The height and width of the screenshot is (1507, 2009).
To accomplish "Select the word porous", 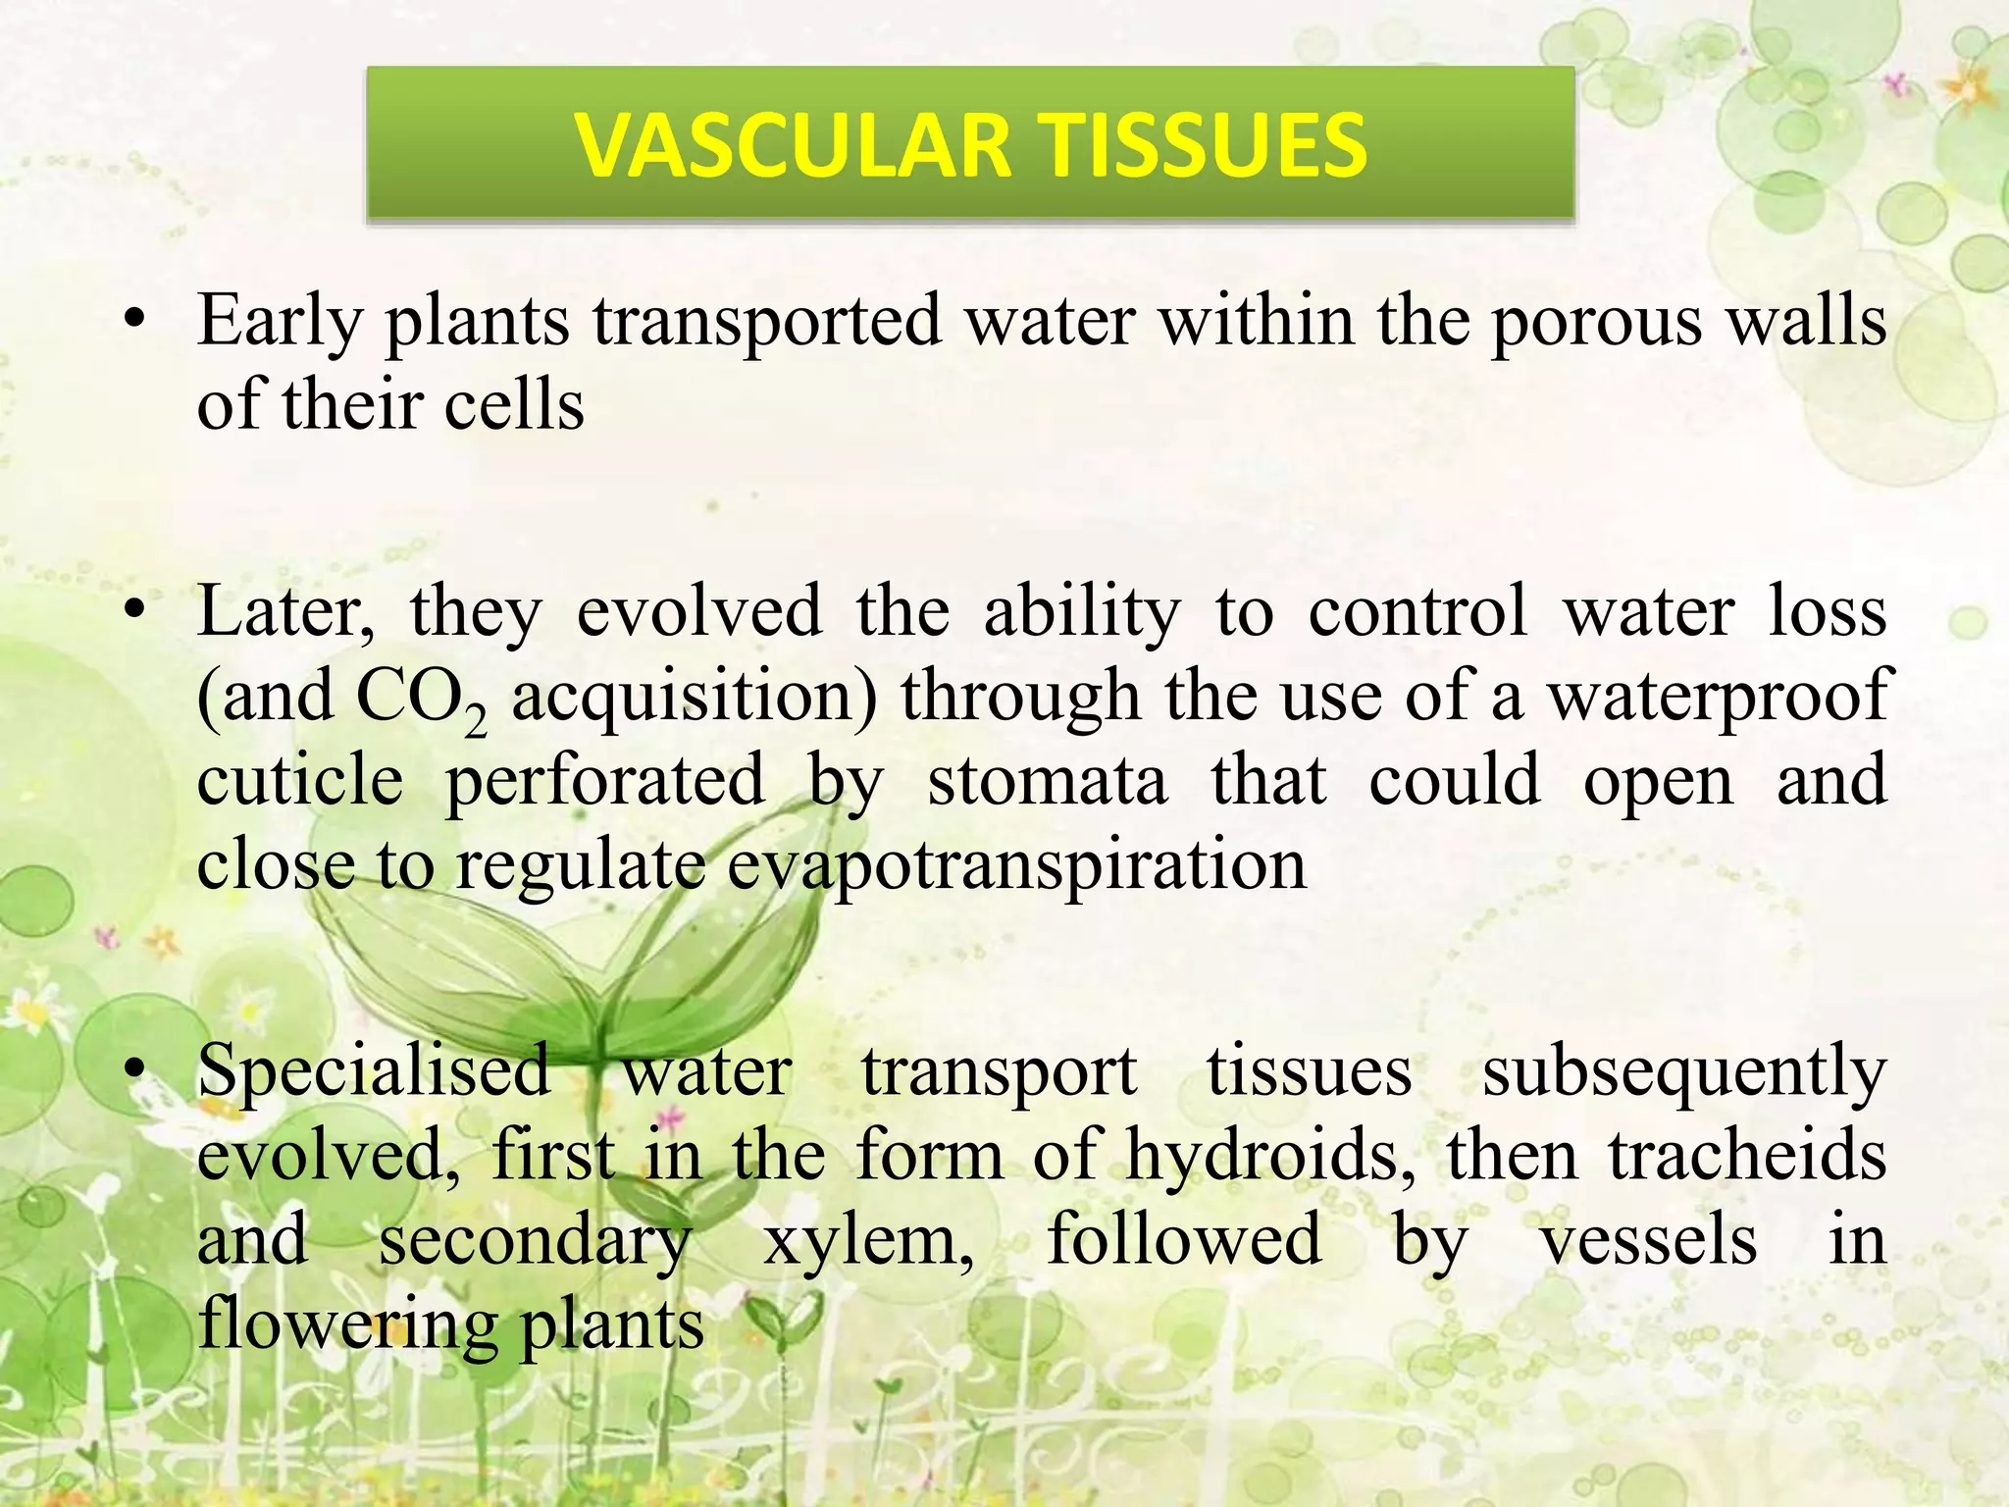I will [x=1596, y=322].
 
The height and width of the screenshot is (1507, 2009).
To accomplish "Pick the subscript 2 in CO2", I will [x=476, y=724].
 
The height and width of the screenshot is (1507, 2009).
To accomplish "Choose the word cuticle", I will [x=300, y=781].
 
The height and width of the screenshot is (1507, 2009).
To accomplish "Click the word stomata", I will [x=1048, y=781].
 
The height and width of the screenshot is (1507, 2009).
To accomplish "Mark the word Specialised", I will [x=374, y=1070].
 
